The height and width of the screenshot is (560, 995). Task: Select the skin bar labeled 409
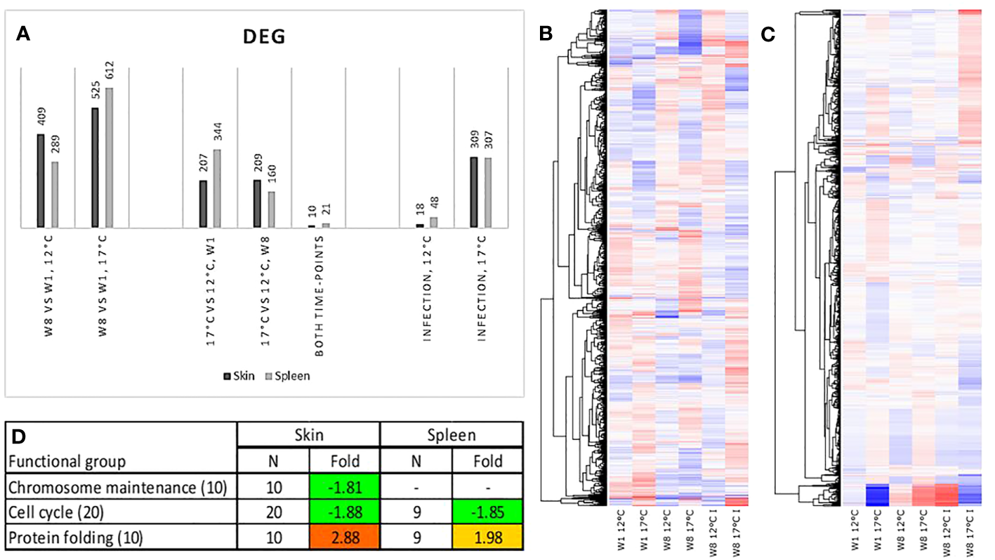pos(41,181)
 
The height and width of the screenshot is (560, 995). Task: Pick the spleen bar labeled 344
pos(216,188)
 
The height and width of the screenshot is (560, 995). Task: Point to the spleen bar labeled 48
pos(434,222)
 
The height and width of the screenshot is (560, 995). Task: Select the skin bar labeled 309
pos(473,192)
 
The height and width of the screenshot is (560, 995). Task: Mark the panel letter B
pos(547,33)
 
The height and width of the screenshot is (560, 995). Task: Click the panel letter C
pos(770,33)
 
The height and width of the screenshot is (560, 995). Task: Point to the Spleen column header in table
pos(451,435)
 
